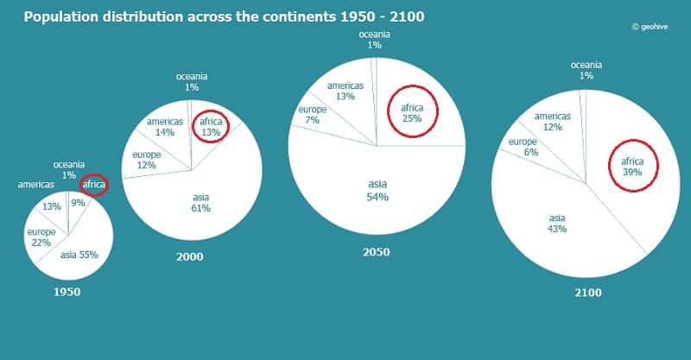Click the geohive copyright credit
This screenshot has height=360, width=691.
click(654, 26)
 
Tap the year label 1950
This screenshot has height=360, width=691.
click(67, 292)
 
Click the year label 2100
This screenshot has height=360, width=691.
click(587, 293)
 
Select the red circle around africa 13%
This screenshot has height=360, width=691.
click(211, 127)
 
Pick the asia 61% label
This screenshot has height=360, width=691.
click(200, 202)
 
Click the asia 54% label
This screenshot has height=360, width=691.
click(377, 190)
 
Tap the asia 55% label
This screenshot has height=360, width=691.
click(79, 255)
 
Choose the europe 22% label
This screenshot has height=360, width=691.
click(41, 238)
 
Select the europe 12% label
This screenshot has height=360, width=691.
click(145, 160)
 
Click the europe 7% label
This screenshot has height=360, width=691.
click(312, 115)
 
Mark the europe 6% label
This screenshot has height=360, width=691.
click(523, 147)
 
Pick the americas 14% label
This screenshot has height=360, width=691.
click(165, 127)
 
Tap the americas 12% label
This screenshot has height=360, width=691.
click(553, 122)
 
